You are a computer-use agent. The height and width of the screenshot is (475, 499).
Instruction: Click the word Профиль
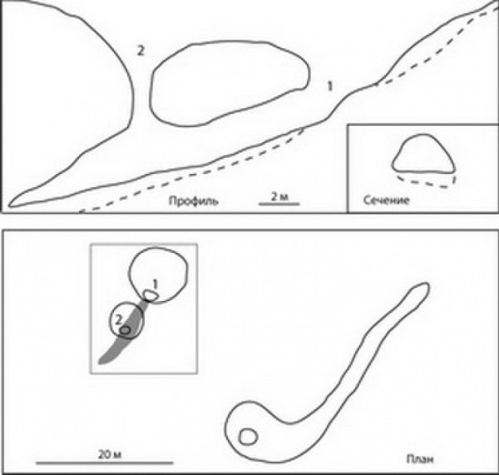[194, 201]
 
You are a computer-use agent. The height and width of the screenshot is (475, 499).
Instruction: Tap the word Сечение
[386, 200]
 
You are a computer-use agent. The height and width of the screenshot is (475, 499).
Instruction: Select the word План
[420, 459]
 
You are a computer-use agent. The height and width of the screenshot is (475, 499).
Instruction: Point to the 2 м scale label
[279, 196]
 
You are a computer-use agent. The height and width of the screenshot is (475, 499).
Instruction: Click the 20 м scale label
[110, 455]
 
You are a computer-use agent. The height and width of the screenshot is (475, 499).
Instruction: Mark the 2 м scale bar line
[279, 204]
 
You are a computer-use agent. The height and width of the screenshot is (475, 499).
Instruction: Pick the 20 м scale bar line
[105, 463]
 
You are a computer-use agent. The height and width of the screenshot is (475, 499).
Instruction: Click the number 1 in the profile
[330, 87]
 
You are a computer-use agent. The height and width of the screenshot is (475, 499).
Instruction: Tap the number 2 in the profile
[141, 51]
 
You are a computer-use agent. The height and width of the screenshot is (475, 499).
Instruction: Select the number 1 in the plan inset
[155, 284]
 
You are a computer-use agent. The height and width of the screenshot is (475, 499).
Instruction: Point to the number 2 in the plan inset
[118, 320]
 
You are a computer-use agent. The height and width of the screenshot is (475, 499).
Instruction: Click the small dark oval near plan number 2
[125, 330]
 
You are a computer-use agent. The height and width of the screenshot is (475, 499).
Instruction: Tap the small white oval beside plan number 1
[151, 295]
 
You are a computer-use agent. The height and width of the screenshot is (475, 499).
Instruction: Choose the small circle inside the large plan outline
[248, 437]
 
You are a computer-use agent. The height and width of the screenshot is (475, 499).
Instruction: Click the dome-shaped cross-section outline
[423, 154]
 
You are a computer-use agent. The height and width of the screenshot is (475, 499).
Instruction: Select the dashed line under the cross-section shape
[427, 181]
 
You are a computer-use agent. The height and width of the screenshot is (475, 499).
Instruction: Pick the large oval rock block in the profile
[230, 83]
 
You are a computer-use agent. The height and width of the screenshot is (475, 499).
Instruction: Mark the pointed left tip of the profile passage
[9, 204]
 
